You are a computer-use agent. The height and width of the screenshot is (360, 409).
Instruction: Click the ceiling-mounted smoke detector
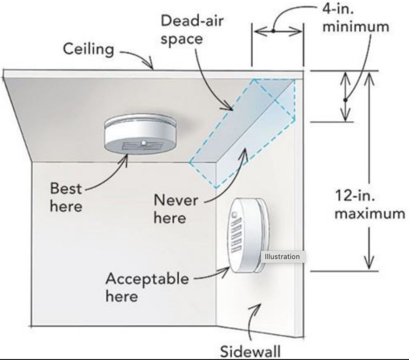click(x=140, y=134)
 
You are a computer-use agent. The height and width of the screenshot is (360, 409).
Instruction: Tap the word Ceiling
click(x=89, y=49)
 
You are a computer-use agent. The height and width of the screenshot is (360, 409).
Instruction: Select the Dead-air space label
click(x=192, y=29)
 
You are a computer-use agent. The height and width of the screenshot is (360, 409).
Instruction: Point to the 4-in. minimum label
click(x=356, y=18)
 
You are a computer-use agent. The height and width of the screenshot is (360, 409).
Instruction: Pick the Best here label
click(x=66, y=197)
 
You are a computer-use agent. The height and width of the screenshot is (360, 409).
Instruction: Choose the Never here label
click(x=176, y=209)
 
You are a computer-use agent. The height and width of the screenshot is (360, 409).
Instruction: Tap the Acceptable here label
click(x=147, y=287)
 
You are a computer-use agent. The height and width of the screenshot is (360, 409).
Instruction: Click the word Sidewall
click(x=250, y=351)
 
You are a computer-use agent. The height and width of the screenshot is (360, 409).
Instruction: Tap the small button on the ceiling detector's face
click(x=143, y=143)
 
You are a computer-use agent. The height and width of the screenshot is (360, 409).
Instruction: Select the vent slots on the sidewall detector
click(x=236, y=235)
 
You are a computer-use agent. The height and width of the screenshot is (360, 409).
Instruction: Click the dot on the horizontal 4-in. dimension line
click(x=273, y=31)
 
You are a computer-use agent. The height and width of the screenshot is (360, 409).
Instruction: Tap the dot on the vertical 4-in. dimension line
click(x=345, y=100)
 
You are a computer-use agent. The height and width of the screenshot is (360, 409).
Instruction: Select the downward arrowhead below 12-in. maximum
click(x=369, y=263)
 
